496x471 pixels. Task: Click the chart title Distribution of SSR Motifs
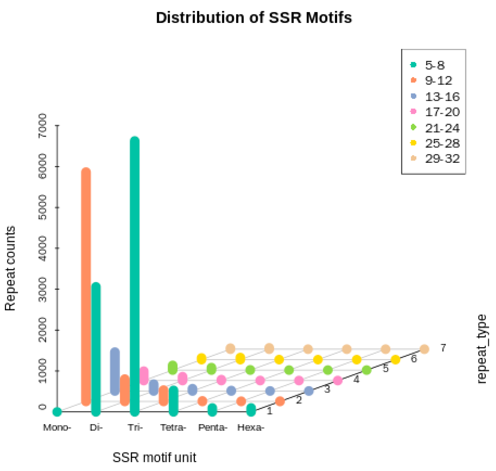[x=254, y=18]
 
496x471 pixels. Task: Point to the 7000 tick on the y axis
[x=43, y=126]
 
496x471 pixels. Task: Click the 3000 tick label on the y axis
[x=43, y=289]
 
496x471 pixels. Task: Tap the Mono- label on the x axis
[x=57, y=427]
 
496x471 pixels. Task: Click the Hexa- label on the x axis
[x=251, y=427]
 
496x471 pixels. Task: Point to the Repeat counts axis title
[x=10, y=268]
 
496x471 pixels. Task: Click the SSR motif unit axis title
[x=154, y=457]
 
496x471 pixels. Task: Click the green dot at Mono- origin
[x=57, y=412]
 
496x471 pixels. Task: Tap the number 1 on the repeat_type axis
[x=270, y=411]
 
